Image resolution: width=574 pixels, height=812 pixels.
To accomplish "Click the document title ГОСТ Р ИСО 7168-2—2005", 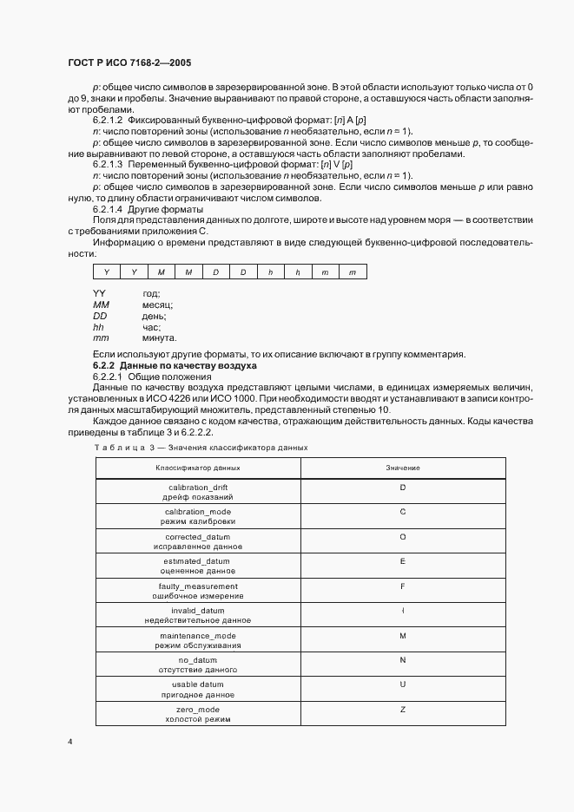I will pyautogui.click(x=129, y=63).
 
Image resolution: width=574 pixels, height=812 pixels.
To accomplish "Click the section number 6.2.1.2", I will pyautogui.click(x=108, y=119).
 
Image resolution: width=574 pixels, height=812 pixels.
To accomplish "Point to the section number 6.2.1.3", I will pyautogui.click(x=108, y=163).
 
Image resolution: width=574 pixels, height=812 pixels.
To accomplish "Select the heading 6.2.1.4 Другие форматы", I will pyautogui.click(x=148, y=208).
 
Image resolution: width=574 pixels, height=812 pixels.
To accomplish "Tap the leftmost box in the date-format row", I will pyautogui.click(x=106, y=272).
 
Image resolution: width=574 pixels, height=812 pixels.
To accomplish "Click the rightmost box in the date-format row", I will pyautogui.click(x=352, y=272).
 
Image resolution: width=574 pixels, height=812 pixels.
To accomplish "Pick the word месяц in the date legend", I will pyautogui.click(x=157, y=305).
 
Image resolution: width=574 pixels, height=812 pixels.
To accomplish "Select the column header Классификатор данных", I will pyautogui.click(x=197, y=468).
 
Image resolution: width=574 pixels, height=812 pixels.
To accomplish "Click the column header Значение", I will pyautogui.click(x=402, y=468).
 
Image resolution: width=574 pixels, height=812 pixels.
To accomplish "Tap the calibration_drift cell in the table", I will pyautogui.click(x=197, y=492).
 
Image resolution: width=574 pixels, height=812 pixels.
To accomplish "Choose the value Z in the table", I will pyautogui.click(x=402, y=710).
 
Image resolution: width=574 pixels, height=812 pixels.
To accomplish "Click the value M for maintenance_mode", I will pyautogui.click(x=402, y=636).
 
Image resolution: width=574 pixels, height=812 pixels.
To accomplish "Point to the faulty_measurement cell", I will pyautogui.click(x=197, y=592).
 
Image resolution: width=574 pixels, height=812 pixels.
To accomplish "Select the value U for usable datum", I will pyautogui.click(x=402, y=685).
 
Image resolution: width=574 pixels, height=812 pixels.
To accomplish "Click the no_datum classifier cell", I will pyautogui.click(x=197, y=665).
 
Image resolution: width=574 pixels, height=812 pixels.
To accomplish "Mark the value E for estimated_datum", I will pyautogui.click(x=402, y=561).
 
